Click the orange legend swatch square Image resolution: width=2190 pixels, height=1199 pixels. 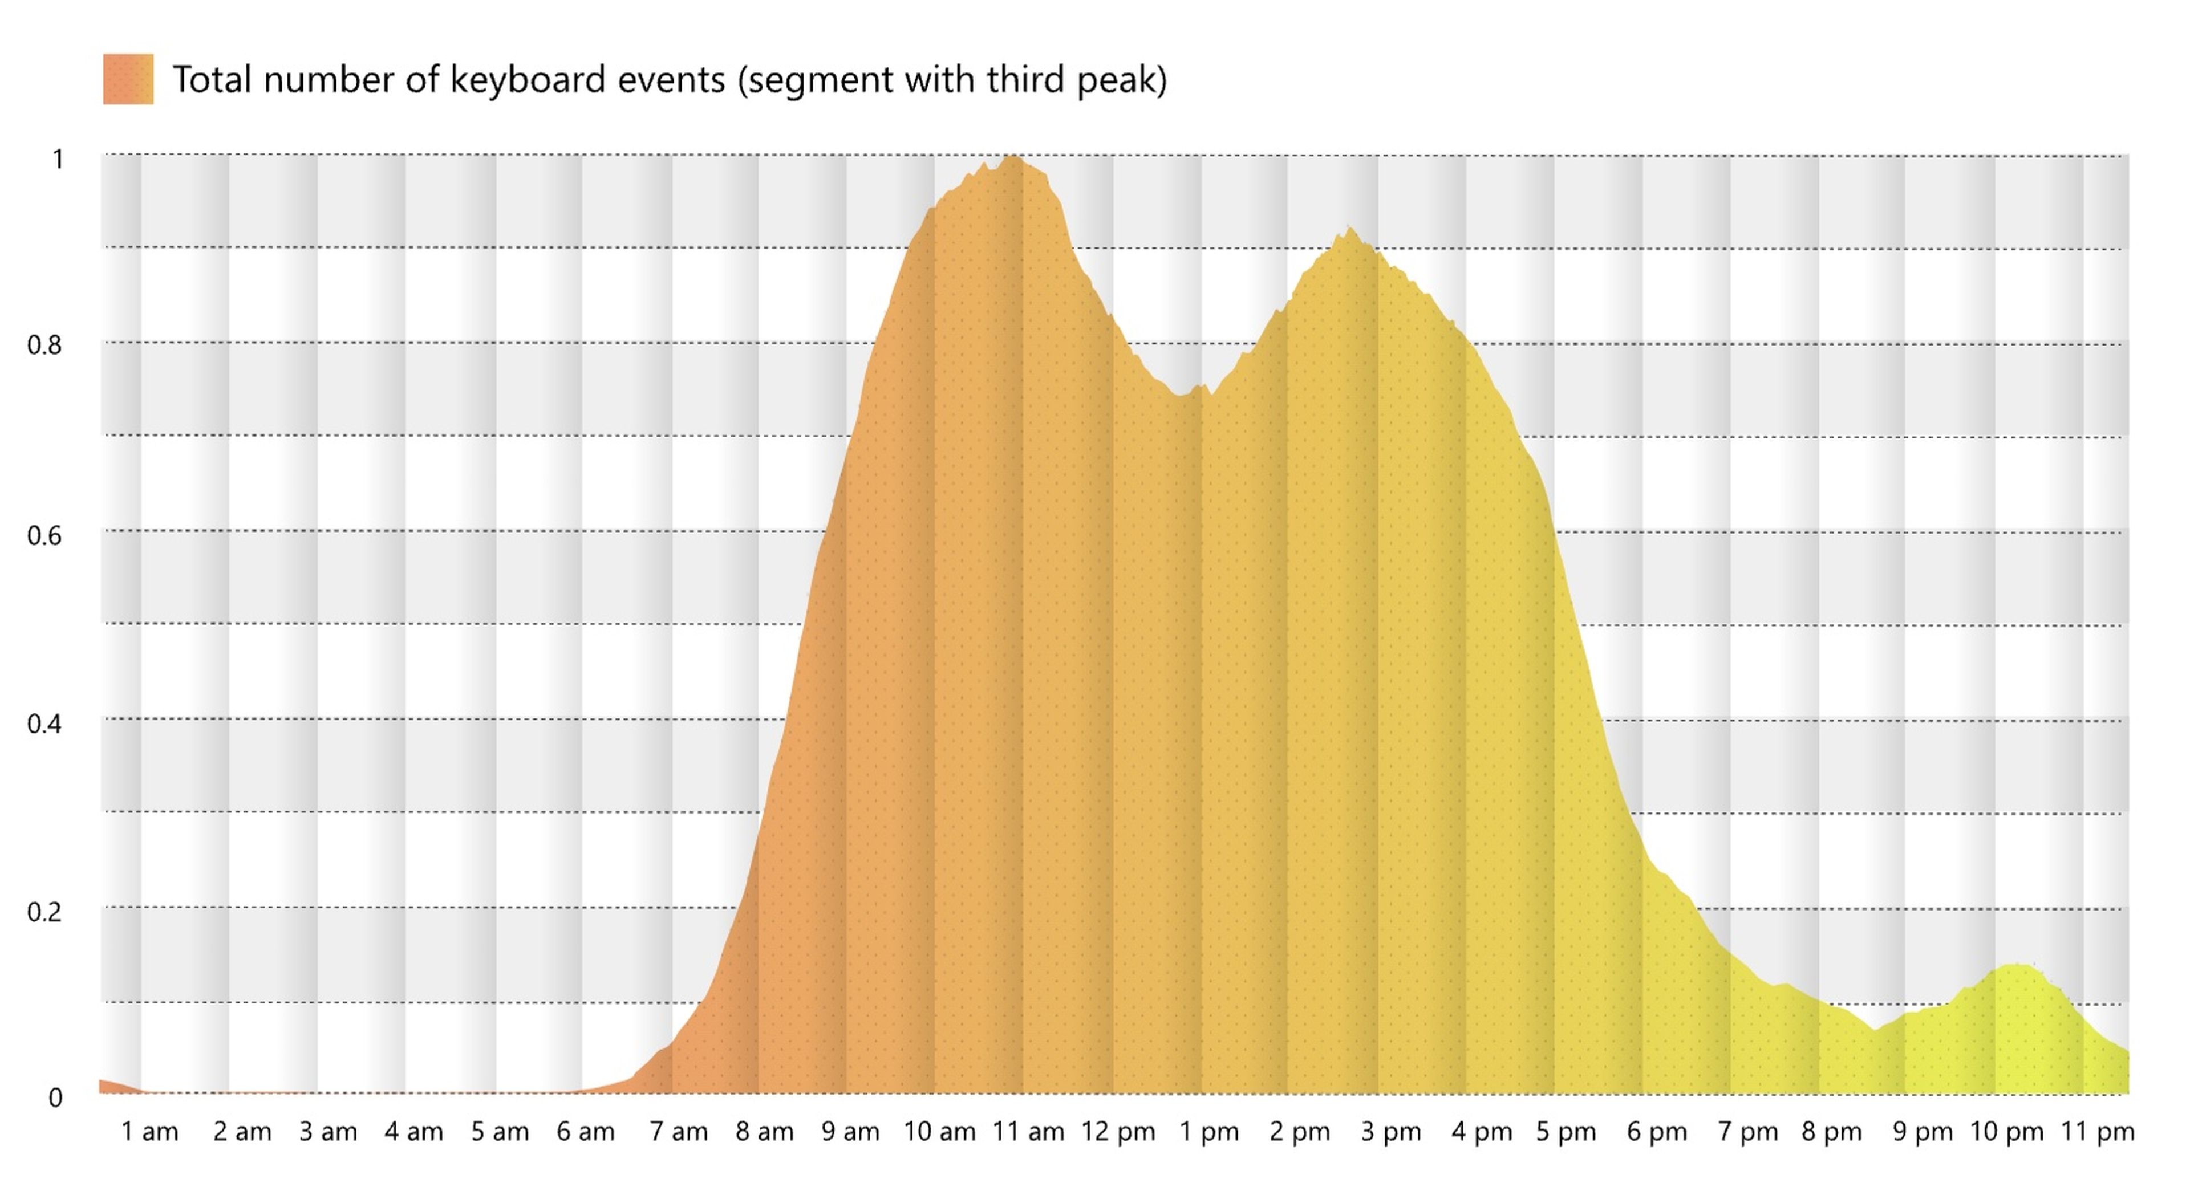click(128, 79)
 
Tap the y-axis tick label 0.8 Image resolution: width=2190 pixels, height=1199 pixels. click(44, 345)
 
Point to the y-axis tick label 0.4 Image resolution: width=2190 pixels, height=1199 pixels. click(44, 724)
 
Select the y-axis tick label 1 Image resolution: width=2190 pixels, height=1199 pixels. click(58, 159)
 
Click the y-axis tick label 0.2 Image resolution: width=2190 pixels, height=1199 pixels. click(44, 912)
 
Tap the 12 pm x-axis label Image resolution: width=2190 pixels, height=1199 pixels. click(1118, 1132)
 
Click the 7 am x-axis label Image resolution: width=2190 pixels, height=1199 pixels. click(679, 1132)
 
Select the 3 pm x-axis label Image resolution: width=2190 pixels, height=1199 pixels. click(1391, 1132)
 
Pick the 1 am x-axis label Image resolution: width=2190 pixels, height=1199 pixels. click(149, 1132)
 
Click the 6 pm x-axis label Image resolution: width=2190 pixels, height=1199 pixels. click(1657, 1132)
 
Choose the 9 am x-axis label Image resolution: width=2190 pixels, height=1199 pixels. click(850, 1132)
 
